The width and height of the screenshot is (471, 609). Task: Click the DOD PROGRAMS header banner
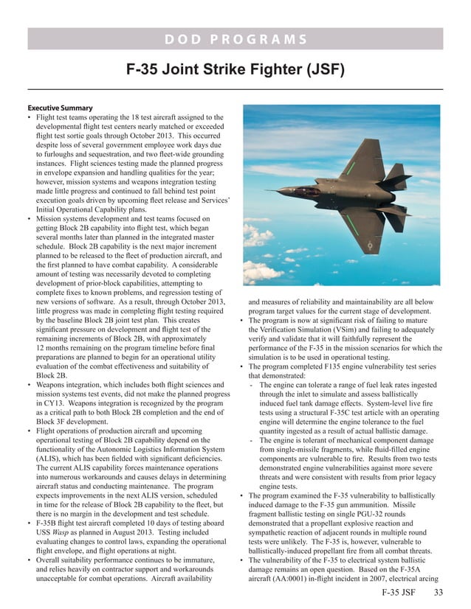(235, 39)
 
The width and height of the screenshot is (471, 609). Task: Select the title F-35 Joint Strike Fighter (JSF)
(235, 72)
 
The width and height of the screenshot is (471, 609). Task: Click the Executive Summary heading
(60, 107)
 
